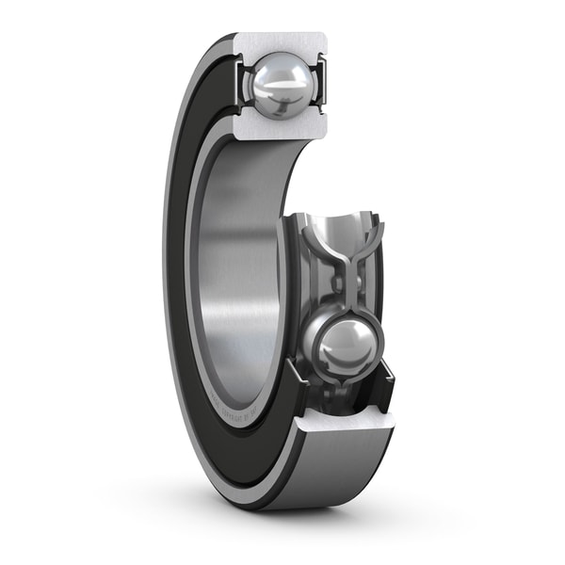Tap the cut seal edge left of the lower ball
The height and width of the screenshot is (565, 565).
pyautogui.click(x=295, y=377)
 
